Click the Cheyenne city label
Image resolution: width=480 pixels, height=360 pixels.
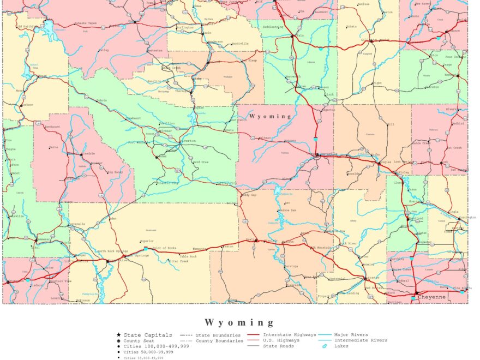coord(432,297)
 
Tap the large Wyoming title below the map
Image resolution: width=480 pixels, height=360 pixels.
coord(239,322)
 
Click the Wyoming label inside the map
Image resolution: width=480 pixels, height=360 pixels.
coord(271,116)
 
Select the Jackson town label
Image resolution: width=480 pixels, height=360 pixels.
coord(27,104)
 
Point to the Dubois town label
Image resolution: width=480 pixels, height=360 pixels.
coord(101,100)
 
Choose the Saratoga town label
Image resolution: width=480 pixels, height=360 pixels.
coord(291,266)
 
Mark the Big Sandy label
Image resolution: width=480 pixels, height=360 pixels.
coord(115,172)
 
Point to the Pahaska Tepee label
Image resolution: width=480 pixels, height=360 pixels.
coord(86,23)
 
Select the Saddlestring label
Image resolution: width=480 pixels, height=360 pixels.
coord(273,27)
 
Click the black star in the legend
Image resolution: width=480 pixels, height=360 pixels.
coord(118,335)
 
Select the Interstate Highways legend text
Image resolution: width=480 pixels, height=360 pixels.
coord(289,334)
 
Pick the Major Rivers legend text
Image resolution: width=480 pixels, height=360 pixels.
coord(351,334)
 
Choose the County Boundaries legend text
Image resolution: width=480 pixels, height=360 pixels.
coord(220,340)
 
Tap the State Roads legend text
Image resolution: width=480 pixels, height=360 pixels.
coord(279,346)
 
